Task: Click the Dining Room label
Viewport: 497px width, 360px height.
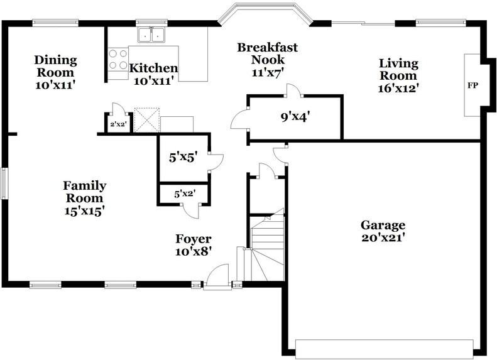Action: [x=55, y=66]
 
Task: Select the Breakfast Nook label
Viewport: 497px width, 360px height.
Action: [x=267, y=53]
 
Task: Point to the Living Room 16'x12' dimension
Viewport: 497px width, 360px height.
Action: [x=398, y=88]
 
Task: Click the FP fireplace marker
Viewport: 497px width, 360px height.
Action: [x=472, y=85]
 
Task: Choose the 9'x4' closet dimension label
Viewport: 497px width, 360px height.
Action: [x=295, y=116]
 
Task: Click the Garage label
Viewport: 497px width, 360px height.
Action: [x=383, y=225]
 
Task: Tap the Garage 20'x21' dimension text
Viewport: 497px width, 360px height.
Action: [x=383, y=237]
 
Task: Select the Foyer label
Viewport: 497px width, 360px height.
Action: [x=193, y=239]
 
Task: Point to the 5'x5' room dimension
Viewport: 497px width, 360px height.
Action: [x=183, y=158]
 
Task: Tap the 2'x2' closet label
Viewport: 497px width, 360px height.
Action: [x=118, y=125]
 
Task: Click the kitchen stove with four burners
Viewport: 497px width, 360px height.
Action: [x=117, y=60]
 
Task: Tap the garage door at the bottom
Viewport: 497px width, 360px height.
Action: [x=384, y=349]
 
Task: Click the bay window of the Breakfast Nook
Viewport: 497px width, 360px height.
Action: [x=265, y=13]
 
